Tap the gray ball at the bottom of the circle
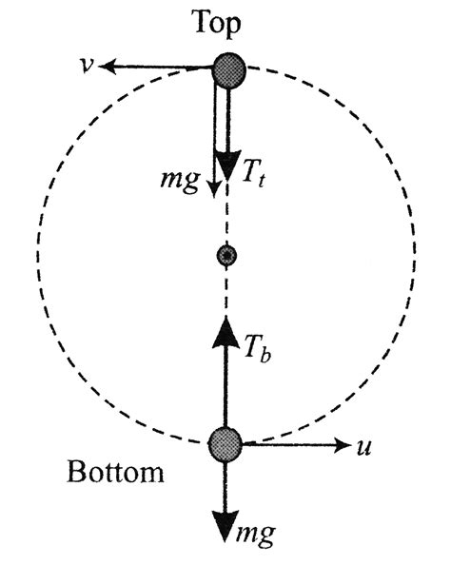pos(225,442)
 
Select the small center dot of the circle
pos(225,255)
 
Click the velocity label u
pos(363,445)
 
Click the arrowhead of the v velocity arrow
pos(108,67)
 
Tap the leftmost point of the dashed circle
pos(35,255)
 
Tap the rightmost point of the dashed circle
pos(416,255)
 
